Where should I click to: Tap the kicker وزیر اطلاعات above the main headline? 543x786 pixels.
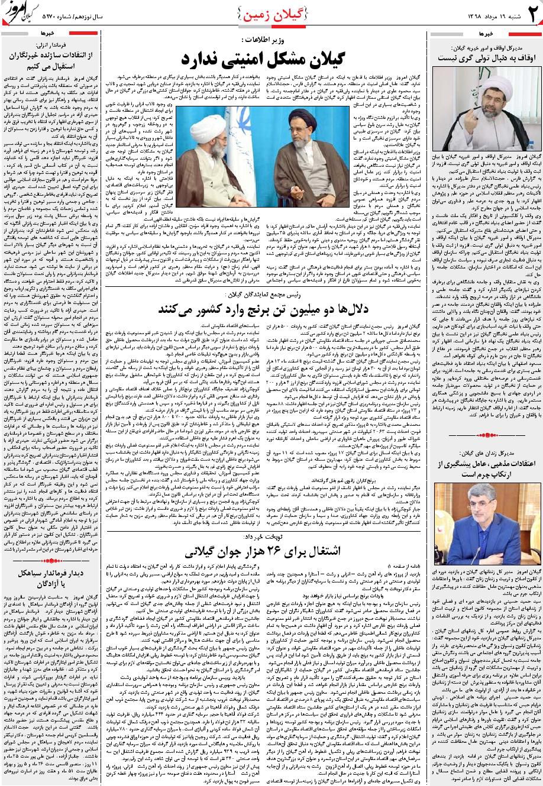tap(258, 40)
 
